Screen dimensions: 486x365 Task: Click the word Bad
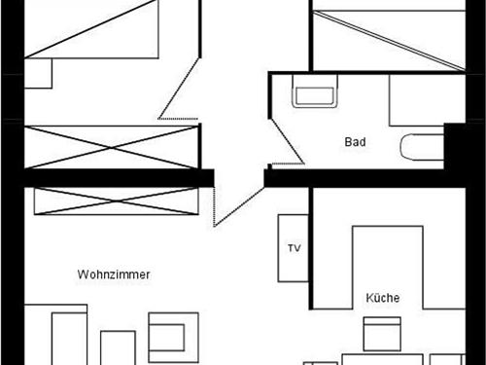point(356,142)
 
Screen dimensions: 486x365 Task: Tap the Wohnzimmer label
point(113,275)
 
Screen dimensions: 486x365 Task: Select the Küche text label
point(383,298)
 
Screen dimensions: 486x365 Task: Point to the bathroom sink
point(314,95)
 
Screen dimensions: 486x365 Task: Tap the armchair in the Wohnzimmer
point(173,333)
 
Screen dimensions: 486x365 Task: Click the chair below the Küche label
point(382,334)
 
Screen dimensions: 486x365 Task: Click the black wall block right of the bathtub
point(455,146)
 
